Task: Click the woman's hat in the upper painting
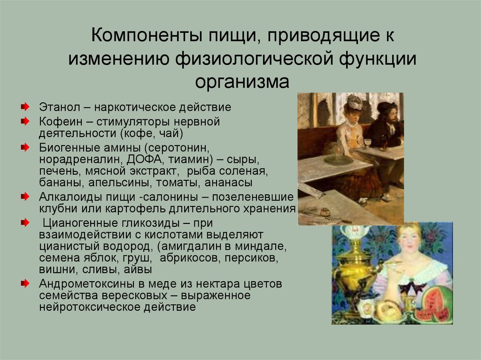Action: click(x=353, y=102)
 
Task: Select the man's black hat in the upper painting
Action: click(x=387, y=107)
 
